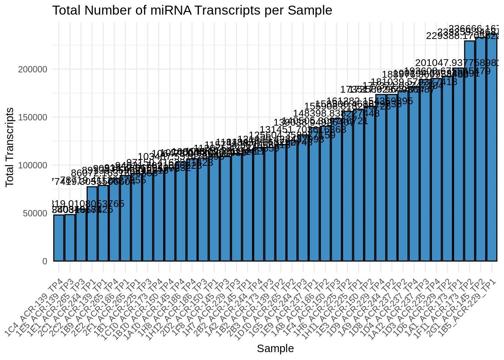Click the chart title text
[x=192, y=10]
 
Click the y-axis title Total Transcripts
[x=10, y=147]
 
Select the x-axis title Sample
[x=275, y=349]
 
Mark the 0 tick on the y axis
[x=45, y=261]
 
